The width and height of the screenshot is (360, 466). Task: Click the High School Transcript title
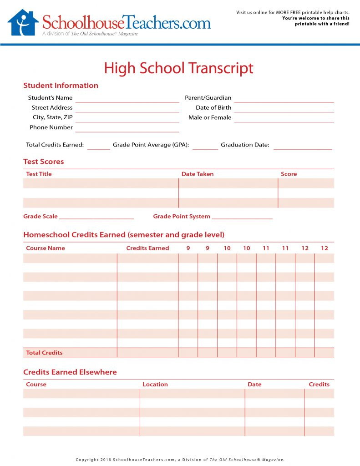(x=178, y=68)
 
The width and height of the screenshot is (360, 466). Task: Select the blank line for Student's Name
(x=127, y=101)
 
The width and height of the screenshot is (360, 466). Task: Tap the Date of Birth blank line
(x=284, y=111)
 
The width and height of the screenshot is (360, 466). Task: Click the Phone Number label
(x=51, y=127)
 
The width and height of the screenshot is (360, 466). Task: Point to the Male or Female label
(x=210, y=117)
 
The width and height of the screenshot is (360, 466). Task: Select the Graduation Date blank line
(x=303, y=148)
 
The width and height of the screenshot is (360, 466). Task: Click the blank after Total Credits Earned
(x=99, y=148)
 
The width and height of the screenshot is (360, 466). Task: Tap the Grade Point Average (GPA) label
(x=151, y=145)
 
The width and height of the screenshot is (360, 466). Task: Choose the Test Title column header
(x=39, y=174)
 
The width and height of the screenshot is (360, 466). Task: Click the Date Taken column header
(x=198, y=174)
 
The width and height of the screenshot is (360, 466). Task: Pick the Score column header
(x=289, y=174)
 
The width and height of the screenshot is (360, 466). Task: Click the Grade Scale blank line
(x=96, y=218)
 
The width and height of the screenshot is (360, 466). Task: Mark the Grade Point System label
(x=182, y=216)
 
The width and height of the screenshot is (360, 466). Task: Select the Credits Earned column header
(x=147, y=248)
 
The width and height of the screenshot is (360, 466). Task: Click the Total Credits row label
(x=45, y=353)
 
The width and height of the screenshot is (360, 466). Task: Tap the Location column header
(x=155, y=384)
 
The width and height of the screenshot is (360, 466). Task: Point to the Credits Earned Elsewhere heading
(x=70, y=372)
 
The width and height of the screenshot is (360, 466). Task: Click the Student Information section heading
(x=61, y=85)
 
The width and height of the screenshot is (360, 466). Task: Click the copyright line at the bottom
(x=180, y=460)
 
